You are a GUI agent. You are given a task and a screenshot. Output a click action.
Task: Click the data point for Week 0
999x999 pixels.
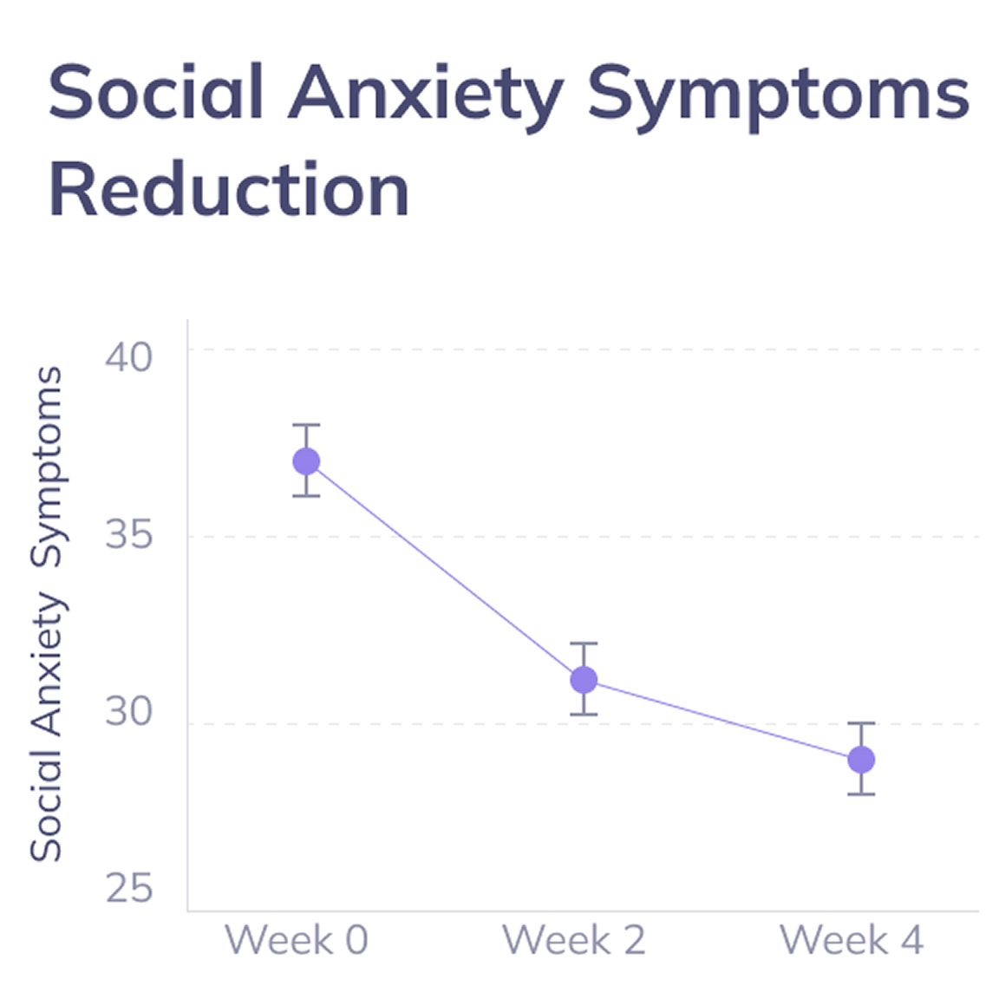point(306,461)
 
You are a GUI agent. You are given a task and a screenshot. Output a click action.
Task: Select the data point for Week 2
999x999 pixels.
point(584,680)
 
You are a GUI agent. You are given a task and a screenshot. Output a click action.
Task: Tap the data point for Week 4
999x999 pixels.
point(861,760)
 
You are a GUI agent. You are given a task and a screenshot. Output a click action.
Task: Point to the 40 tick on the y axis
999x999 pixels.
point(128,356)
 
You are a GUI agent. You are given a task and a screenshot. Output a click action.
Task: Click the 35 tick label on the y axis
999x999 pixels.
point(128,533)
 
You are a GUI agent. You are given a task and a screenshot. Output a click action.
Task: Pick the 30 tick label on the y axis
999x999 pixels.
point(128,711)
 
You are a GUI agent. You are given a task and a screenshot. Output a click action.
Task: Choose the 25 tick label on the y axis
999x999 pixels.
point(128,888)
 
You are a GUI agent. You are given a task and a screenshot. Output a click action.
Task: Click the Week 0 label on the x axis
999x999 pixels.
point(297,940)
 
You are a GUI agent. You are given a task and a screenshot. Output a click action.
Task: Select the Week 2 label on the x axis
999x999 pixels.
point(574,940)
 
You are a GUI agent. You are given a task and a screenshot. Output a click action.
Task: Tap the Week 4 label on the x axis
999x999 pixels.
point(852,940)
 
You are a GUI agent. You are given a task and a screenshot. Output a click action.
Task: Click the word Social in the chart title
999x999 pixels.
point(156,94)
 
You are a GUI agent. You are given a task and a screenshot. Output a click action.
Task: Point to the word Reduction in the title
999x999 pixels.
point(229,191)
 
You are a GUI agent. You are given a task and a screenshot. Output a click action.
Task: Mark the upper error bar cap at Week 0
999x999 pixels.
point(306,425)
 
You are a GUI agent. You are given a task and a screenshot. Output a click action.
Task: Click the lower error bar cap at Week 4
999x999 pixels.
point(861,793)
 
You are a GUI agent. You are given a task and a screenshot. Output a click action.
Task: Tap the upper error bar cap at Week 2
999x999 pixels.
point(584,643)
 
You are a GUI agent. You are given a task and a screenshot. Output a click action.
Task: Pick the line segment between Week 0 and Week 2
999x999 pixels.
point(445,571)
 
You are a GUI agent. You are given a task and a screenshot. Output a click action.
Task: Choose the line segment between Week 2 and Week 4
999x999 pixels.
point(722,720)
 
